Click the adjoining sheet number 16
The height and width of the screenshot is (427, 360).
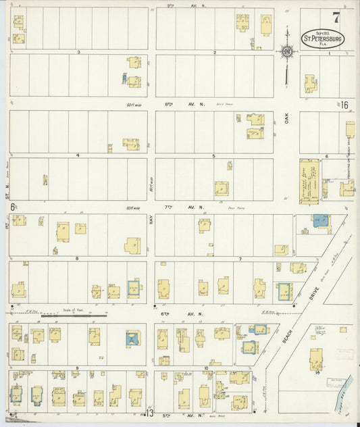click(344, 105)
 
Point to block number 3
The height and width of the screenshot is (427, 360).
click(79, 52)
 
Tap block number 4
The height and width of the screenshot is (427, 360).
click(78, 155)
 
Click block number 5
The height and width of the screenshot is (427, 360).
click(213, 155)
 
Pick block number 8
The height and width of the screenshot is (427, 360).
click(78, 258)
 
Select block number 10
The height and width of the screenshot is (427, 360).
click(207, 368)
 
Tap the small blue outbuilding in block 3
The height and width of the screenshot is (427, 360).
click(124, 79)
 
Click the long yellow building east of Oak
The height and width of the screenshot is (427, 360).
click(310, 180)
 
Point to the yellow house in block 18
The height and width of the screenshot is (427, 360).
click(315, 358)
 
